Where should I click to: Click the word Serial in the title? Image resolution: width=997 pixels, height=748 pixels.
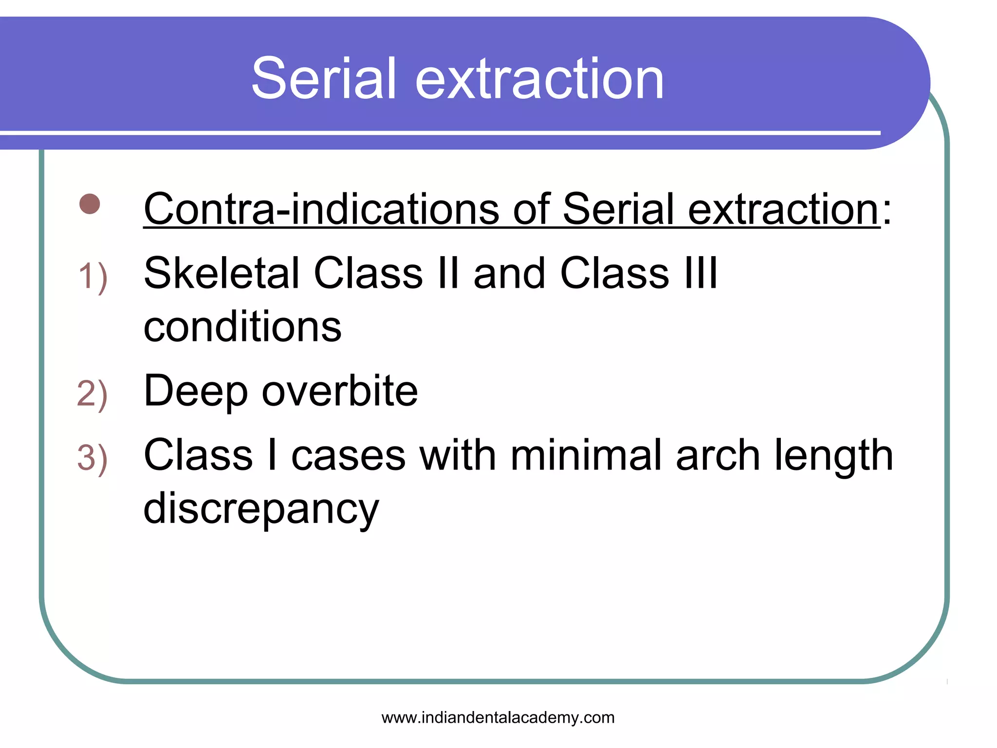[x=324, y=79]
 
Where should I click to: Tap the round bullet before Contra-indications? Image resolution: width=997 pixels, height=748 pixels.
[x=90, y=204]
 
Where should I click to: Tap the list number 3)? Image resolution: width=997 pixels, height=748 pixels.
[x=92, y=458]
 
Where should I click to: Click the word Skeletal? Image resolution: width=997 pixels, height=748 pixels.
[x=222, y=274]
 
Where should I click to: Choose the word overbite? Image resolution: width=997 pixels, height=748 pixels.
[x=339, y=391]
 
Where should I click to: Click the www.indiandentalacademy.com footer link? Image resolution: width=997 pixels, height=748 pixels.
[x=498, y=718]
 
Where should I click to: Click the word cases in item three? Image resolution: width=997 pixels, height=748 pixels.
[x=348, y=456]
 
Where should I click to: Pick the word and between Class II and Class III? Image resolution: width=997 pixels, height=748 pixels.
[x=509, y=274]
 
